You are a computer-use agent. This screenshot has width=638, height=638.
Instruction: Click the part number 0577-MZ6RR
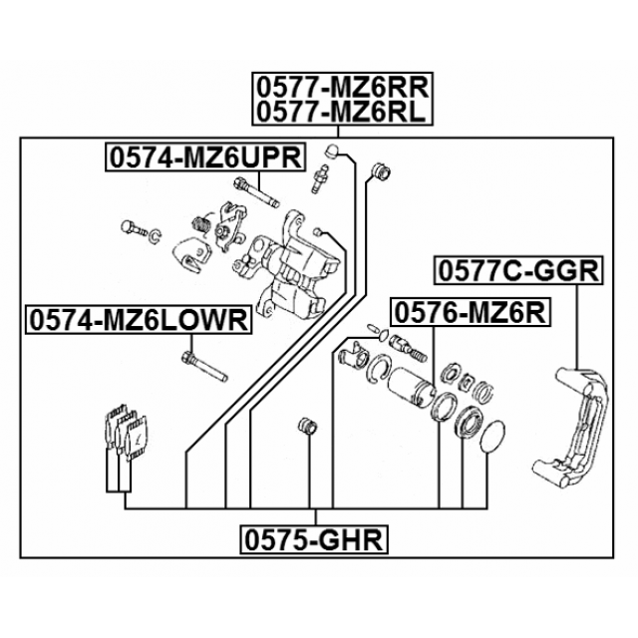point(342,87)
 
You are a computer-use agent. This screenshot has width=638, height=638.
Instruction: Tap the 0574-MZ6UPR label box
point(206,158)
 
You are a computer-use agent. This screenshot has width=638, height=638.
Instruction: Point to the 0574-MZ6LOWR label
point(139,319)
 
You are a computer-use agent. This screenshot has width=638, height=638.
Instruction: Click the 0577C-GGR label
point(518,270)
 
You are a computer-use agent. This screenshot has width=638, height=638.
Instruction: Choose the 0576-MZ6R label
point(471,312)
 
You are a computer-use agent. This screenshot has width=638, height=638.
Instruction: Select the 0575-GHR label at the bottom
point(314,539)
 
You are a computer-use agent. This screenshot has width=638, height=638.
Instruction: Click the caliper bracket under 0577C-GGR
point(569,428)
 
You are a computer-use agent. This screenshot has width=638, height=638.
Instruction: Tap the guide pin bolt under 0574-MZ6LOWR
point(204,366)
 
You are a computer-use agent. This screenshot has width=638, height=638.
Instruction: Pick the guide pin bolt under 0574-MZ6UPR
point(256,192)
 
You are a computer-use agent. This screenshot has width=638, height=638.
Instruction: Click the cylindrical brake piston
point(410,388)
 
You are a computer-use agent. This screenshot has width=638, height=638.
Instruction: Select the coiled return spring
point(201,225)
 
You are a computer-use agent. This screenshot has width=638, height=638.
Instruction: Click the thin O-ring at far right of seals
point(492,437)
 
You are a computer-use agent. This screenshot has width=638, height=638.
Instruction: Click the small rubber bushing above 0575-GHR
point(308,426)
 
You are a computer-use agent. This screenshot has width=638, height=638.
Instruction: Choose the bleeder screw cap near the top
point(332,151)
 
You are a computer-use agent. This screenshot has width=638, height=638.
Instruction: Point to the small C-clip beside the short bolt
point(156,237)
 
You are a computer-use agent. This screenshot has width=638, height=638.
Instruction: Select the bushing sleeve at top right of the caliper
point(382,171)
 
